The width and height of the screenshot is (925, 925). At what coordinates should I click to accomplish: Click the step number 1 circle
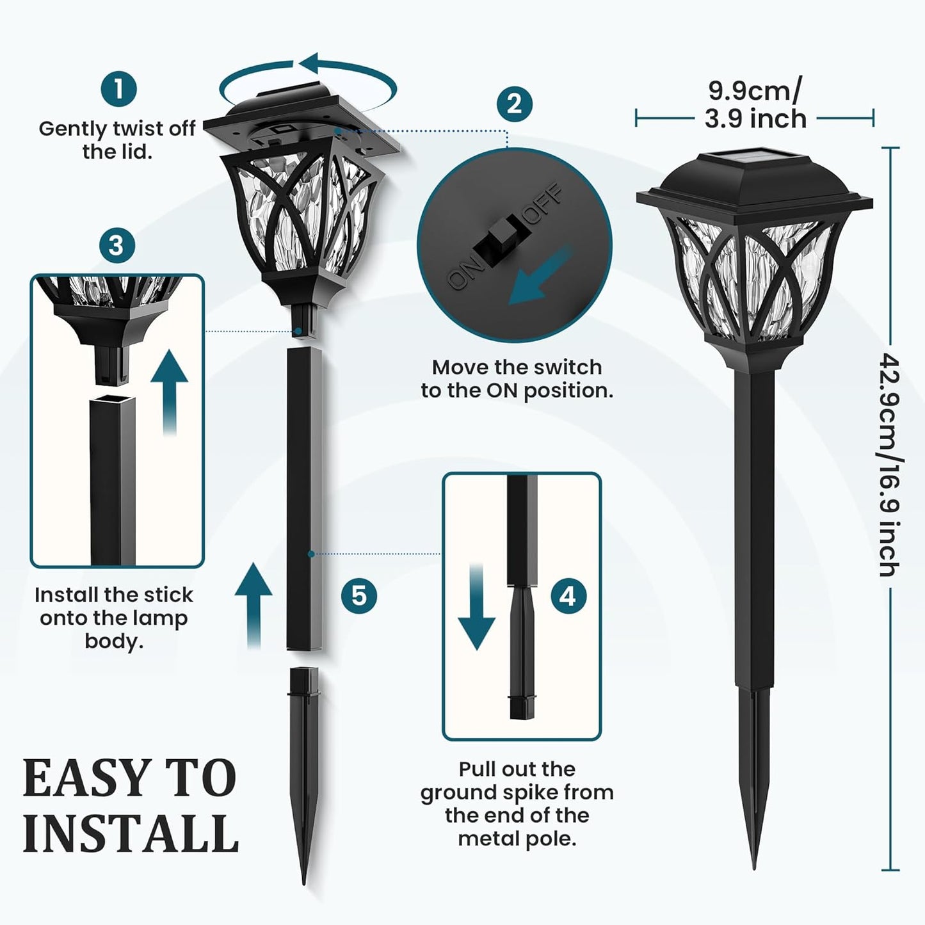click(118, 89)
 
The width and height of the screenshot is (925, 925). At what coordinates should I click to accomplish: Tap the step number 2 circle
click(514, 104)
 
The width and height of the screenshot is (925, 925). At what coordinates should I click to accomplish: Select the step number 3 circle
click(117, 245)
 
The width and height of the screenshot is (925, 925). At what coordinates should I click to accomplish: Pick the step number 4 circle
click(568, 596)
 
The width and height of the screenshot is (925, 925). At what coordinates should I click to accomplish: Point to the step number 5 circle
click(358, 595)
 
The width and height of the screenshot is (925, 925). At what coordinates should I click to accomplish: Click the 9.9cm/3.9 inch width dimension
click(755, 105)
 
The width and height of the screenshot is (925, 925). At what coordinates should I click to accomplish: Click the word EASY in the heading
click(83, 778)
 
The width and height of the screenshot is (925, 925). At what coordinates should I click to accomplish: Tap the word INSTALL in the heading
click(131, 833)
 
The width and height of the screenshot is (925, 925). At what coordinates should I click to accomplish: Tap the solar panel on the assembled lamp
click(755, 157)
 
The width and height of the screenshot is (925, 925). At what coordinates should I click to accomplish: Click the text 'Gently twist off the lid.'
click(117, 140)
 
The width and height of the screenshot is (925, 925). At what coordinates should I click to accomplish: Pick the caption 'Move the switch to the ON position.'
click(517, 378)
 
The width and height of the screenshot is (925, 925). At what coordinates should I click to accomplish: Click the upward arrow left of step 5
click(253, 605)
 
